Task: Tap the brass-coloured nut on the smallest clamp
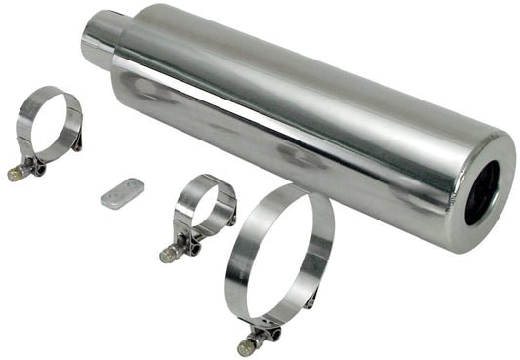(x=167, y=256)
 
